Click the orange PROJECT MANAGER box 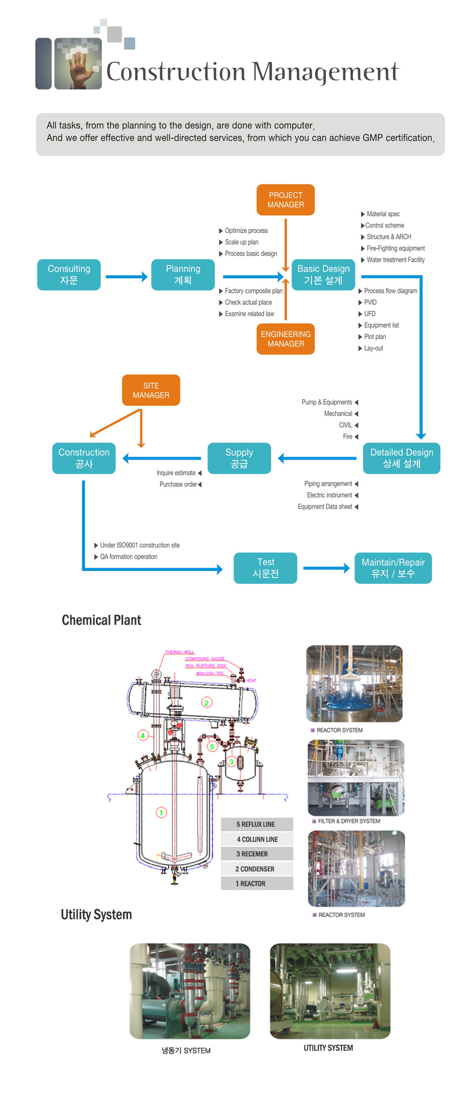click(285, 200)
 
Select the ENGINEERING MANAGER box click(285, 339)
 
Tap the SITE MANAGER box click(151, 390)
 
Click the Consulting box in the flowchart click(69, 275)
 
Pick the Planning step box click(183, 275)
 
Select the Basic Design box click(323, 275)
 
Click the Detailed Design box click(402, 458)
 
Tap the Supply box click(239, 458)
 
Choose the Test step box click(265, 568)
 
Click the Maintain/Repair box click(393, 568)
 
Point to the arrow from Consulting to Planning click(127, 276)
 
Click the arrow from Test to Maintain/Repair click(326, 568)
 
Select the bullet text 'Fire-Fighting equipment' click(395, 248)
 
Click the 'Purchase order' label click(178, 485)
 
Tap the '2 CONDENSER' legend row click(257, 869)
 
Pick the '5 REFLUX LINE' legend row click(257, 824)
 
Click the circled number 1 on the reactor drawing click(161, 812)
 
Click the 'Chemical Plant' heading click(101, 620)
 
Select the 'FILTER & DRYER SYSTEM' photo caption click(349, 821)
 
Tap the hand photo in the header click(78, 64)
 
